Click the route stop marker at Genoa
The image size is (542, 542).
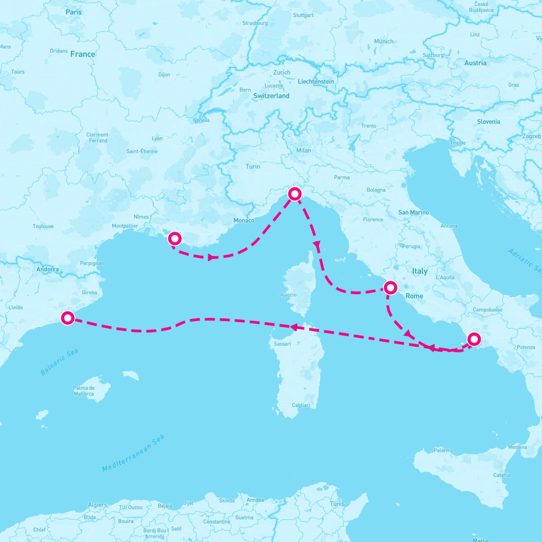[x=294, y=194]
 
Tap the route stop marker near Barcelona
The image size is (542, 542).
[x=68, y=318]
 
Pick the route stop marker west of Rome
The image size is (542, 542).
[x=390, y=287]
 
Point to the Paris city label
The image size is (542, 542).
[x=74, y=12]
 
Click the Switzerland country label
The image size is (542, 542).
[x=271, y=96]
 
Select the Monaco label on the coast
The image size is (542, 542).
[x=244, y=220]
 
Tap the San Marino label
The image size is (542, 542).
[x=413, y=212]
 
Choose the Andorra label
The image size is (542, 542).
[x=47, y=270]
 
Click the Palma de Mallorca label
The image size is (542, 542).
[x=84, y=391]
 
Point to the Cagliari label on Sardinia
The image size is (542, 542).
[x=301, y=405]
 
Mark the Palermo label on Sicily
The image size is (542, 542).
[x=443, y=450]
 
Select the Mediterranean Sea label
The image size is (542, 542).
[x=133, y=453]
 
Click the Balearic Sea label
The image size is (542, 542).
[x=59, y=362]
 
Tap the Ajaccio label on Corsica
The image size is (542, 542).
[x=288, y=295]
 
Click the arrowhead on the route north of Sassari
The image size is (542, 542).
[x=293, y=327]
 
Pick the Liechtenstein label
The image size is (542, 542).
[x=316, y=82]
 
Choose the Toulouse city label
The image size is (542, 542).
[x=43, y=226]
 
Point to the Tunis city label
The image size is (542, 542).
[x=337, y=504]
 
